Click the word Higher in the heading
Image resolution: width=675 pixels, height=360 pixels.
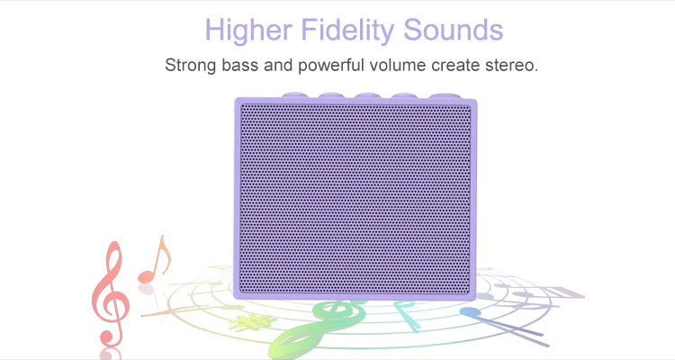click(248, 30)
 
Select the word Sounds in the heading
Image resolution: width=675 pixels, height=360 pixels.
click(454, 30)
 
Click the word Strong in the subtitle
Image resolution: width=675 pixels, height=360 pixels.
click(190, 66)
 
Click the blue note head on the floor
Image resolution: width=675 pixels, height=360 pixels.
click(470, 311)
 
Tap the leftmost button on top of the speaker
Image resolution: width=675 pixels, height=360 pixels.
click(293, 94)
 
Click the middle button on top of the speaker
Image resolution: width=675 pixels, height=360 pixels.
click(367, 95)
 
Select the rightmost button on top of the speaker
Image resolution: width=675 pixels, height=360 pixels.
click(444, 96)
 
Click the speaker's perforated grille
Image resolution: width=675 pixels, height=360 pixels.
click(355, 200)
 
